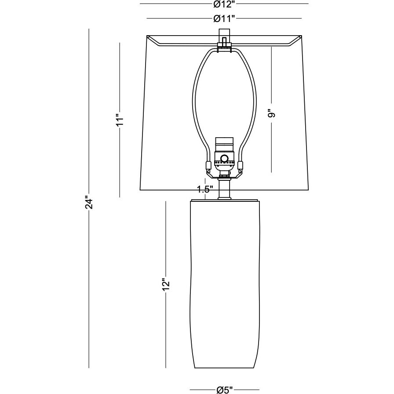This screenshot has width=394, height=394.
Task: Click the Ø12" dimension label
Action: (x=224, y=4)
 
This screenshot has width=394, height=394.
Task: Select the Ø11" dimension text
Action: (x=224, y=18)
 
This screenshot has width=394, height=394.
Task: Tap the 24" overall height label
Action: (x=89, y=203)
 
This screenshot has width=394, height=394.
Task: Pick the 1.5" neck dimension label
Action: (x=205, y=190)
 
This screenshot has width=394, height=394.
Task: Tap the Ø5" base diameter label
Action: (x=224, y=390)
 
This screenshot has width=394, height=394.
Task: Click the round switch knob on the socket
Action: (x=224, y=159)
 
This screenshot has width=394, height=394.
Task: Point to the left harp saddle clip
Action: (x=207, y=166)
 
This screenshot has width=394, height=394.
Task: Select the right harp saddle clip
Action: (x=241, y=166)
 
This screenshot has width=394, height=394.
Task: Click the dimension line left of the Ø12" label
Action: (x=176, y=4)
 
